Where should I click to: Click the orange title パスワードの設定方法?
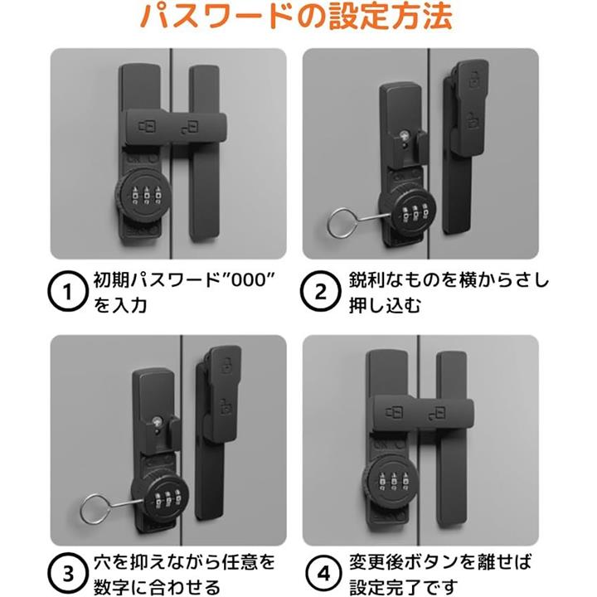[296, 17]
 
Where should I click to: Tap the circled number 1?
[68, 291]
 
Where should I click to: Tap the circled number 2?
[321, 291]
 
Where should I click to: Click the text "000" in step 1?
[248, 280]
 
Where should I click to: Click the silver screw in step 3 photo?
[157, 420]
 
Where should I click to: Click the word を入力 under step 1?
[120, 305]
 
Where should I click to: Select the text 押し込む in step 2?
[385, 305]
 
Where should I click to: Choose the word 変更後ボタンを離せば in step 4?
[440, 562]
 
